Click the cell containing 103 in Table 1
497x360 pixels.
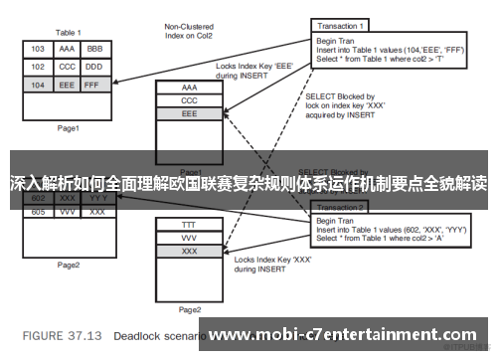[x=38, y=49]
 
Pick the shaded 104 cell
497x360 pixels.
[x=38, y=86]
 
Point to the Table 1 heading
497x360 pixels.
[x=69, y=31]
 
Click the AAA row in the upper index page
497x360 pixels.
[x=190, y=88]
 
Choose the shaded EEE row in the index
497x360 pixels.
[x=190, y=114]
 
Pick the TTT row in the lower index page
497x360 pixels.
[x=190, y=226]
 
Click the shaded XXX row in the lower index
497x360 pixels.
[x=190, y=253]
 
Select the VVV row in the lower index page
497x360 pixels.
[x=190, y=239]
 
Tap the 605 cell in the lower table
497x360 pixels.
[x=38, y=212]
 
